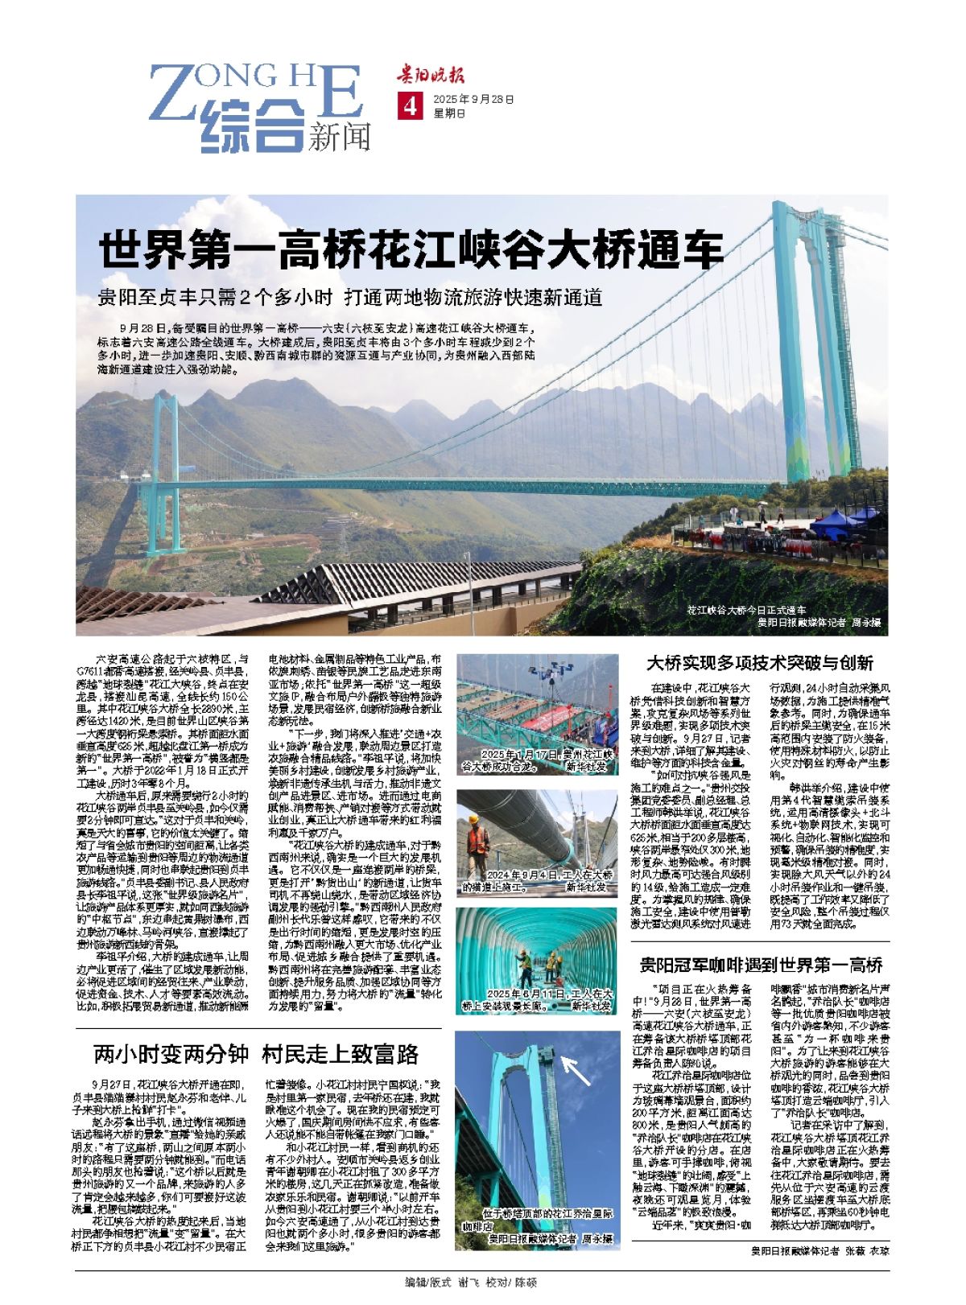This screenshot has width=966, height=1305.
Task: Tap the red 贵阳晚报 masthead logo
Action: [429, 76]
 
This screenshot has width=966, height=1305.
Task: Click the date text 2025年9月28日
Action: [473, 100]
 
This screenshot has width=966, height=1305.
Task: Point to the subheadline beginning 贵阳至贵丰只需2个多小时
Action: [350, 298]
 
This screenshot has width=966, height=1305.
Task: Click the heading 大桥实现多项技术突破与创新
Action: [760, 663]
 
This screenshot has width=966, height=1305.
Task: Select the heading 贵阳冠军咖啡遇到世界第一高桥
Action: [761, 964]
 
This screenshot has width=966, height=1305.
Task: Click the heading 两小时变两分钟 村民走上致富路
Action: [256, 1053]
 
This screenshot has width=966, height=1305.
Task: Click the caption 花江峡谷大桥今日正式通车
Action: [746, 611]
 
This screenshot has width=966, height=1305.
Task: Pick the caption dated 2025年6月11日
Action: [538, 999]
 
